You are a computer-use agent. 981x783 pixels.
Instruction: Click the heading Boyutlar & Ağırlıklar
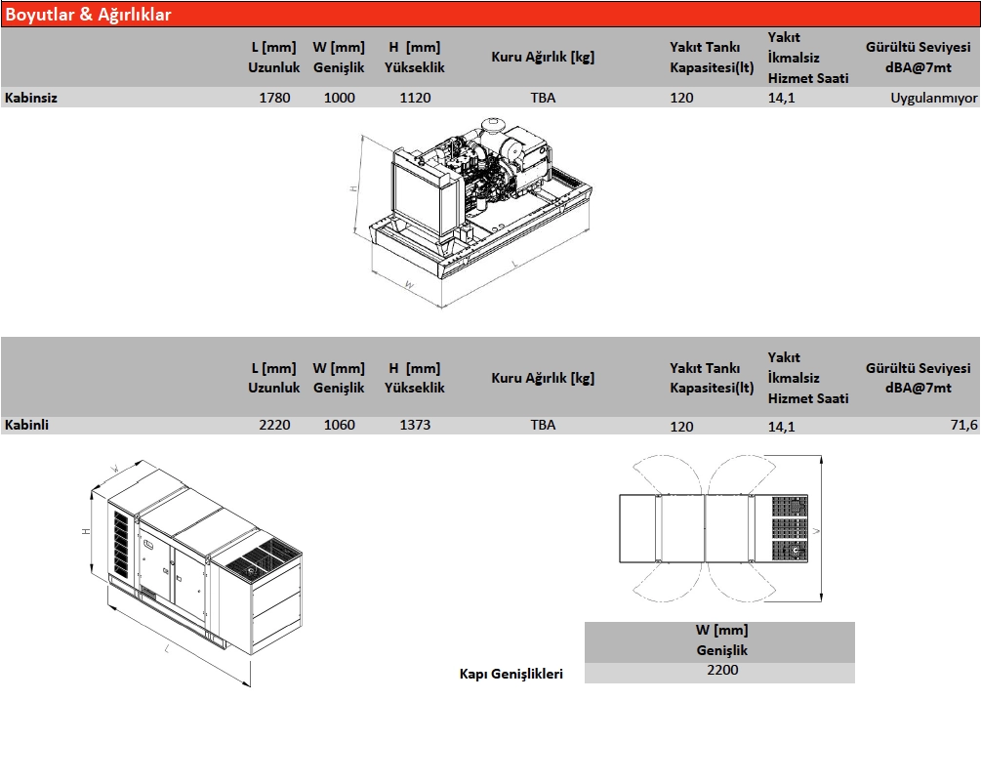coord(88,15)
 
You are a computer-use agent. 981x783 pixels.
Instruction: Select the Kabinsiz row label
coord(30,98)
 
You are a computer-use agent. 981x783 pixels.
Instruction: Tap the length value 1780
coord(274,98)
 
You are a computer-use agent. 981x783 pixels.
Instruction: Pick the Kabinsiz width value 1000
coord(339,98)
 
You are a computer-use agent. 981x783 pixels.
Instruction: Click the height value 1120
coord(416,98)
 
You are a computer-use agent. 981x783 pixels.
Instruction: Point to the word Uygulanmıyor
coord(933,98)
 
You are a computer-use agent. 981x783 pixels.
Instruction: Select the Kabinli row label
coord(26,425)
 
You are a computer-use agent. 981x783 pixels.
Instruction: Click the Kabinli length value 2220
coord(274,425)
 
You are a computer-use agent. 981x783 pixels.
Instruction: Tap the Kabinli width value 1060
coord(339,425)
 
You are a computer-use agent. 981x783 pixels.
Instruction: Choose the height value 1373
coord(416,425)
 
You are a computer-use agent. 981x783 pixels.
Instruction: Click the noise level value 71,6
coord(963,425)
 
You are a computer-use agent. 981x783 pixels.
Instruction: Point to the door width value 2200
coord(722,670)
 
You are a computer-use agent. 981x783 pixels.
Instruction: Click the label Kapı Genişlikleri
coord(511,674)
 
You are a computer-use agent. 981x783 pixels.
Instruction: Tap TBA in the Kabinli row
coord(543,425)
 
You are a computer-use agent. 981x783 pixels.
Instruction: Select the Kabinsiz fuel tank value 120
coord(681,98)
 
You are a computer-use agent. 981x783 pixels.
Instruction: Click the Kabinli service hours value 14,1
coord(782,427)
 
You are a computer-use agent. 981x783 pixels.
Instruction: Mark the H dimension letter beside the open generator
coord(353,187)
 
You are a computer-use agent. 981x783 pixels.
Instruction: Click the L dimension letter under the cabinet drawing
coord(167,649)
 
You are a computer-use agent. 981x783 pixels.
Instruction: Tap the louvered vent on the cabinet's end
coord(121,544)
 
